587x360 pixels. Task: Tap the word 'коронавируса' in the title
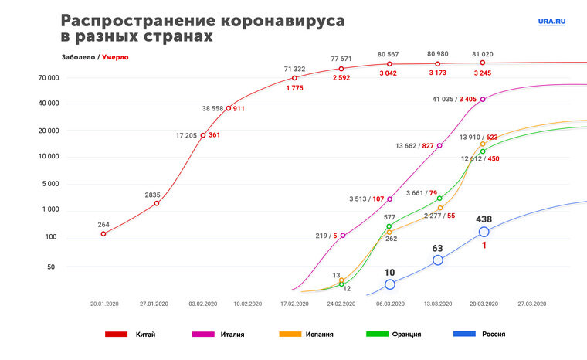click(280, 20)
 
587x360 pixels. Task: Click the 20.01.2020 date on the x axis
click(103, 304)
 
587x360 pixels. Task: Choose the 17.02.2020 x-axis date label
click(294, 304)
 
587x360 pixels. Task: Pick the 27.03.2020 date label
click(532, 304)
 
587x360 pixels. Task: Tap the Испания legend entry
click(302, 335)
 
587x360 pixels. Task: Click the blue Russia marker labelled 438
click(484, 232)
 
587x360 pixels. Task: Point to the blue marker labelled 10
click(390, 284)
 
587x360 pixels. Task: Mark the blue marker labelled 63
click(438, 260)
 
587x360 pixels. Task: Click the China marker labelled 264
click(103, 233)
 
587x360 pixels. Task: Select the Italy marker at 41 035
click(484, 99)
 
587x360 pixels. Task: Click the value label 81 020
click(483, 54)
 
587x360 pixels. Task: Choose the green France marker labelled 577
click(389, 226)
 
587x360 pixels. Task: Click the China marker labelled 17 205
click(203, 135)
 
